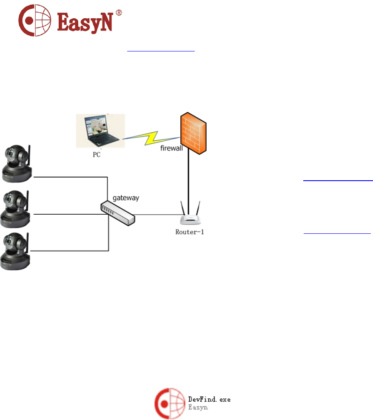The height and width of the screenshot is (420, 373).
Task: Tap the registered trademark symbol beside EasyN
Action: pos(119,13)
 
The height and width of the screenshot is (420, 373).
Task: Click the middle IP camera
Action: pos(16,208)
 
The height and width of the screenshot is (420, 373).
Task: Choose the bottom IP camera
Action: pos(16,251)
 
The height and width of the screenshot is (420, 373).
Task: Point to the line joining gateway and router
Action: pos(157,214)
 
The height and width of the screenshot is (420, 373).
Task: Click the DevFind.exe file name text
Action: pos(209,400)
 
